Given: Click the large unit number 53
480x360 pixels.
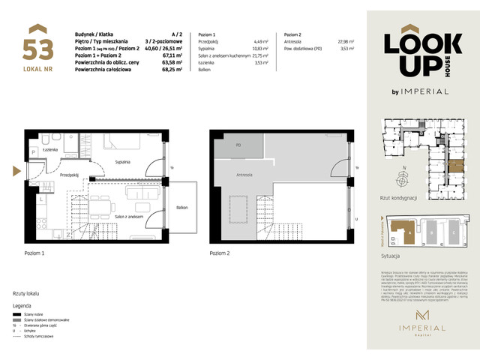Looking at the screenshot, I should (x=37, y=49).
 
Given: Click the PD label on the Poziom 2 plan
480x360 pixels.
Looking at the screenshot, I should (x=238, y=145).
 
